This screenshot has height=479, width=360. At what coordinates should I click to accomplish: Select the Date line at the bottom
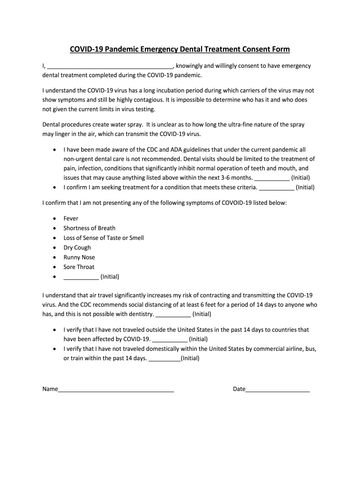(x=278, y=389)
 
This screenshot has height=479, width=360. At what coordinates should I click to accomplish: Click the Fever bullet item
(x=71, y=218)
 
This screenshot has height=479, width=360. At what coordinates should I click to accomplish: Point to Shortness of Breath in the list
(x=89, y=228)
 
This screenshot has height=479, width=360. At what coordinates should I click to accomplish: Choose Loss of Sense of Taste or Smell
(x=104, y=238)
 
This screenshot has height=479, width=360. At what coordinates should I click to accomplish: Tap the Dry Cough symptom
(x=77, y=248)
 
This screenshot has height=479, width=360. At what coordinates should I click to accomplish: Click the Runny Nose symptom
(x=79, y=257)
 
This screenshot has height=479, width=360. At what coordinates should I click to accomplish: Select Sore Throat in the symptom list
(x=79, y=267)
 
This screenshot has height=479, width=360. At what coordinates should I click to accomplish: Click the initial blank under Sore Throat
(x=81, y=277)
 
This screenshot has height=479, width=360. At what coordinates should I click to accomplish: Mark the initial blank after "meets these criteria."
(x=276, y=188)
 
